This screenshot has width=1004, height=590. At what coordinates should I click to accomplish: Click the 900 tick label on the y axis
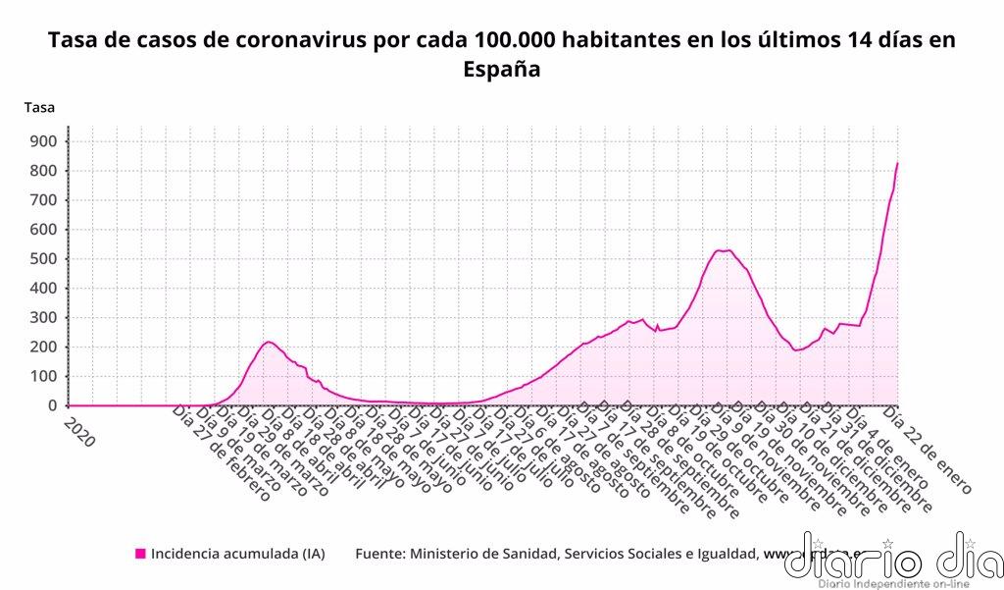click(43, 141)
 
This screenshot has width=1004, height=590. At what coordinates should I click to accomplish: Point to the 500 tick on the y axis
click(43, 259)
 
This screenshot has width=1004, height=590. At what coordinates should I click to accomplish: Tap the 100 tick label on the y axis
click(43, 376)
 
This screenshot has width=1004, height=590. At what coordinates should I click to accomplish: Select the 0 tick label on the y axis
click(52, 405)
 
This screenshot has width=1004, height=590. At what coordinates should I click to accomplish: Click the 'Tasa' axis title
click(39, 107)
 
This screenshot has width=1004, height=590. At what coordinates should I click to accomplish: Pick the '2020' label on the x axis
click(78, 431)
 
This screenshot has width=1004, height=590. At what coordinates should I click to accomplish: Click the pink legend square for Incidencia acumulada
click(140, 554)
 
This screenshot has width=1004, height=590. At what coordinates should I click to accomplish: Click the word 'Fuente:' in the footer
click(383, 554)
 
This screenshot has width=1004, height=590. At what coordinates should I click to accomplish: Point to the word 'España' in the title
click(501, 71)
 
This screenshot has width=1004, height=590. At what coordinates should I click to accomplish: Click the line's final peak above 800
click(897, 163)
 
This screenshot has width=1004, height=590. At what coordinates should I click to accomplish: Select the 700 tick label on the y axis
click(43, 200)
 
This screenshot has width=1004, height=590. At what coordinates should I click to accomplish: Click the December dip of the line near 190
click(797, 350)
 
